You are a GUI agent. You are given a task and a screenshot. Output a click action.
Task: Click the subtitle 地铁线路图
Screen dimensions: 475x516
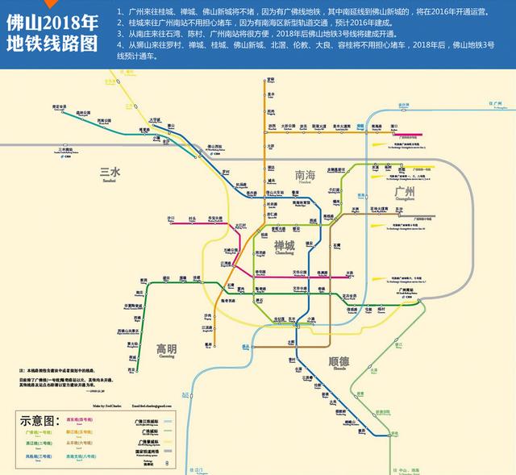[49, 43]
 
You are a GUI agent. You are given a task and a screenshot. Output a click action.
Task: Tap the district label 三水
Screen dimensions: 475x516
[109, 173]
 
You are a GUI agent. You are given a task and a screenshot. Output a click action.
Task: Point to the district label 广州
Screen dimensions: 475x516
[404, 192]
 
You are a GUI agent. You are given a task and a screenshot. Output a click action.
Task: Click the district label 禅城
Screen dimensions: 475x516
[284, 245]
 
